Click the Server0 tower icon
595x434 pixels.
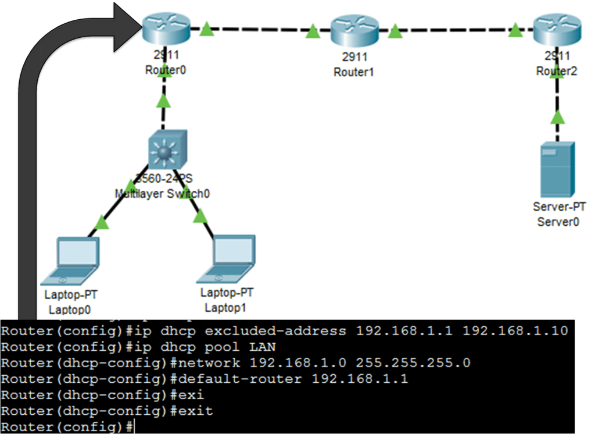click(557, 169)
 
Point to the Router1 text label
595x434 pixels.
click(354, 73)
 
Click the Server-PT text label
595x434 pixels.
click(559, 207)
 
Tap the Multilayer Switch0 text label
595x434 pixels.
click(163, 194)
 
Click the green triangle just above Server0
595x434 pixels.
click(558, 118)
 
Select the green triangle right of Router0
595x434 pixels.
click(206, 29)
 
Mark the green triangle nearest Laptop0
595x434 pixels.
click(102, 222)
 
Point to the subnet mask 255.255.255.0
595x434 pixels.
click(414, 363)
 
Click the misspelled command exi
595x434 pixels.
click(192, 395)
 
